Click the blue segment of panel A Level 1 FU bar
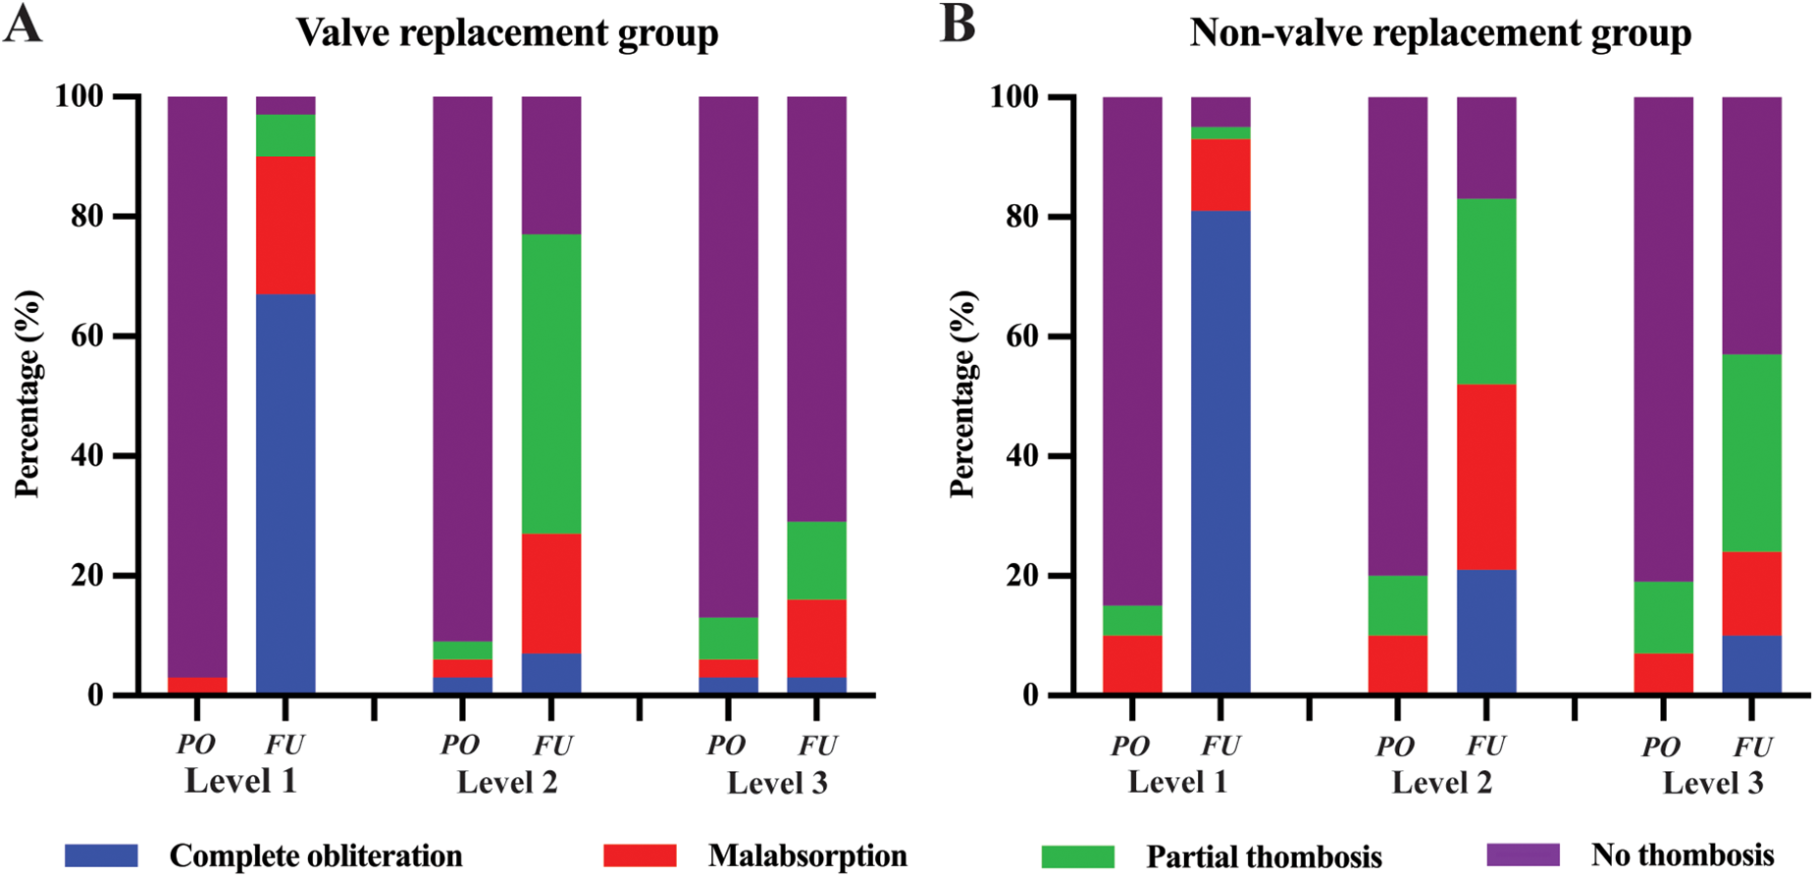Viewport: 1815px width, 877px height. tap(285, 493)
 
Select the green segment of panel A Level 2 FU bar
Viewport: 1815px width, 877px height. tap(550, 384)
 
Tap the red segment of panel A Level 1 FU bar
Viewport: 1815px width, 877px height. tap(285, 225)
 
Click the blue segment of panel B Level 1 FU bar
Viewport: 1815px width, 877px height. tap(1220, 452)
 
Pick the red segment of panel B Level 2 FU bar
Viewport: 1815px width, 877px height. tap(1486, 477)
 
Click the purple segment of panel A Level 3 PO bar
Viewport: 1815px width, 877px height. tap(728, 357)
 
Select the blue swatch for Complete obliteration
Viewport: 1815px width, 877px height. tap(101, 855)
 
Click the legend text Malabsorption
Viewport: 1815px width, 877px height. tap(806, 855)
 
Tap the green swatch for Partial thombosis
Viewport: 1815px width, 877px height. tap(1077, 856)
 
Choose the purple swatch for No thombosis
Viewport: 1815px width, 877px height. tap(1523, 854)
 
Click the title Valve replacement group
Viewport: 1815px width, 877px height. tap(507, 33)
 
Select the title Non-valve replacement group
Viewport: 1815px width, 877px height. tap(1440, 33)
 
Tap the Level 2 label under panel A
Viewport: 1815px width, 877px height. tap(507, 783)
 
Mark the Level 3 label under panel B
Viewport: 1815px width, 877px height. tap(1713, 783)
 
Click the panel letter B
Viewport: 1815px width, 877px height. tap(958, 26)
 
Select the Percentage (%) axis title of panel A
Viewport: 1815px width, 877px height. tap(28, 394)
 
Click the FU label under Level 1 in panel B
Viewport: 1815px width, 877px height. tap(1220, 747)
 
